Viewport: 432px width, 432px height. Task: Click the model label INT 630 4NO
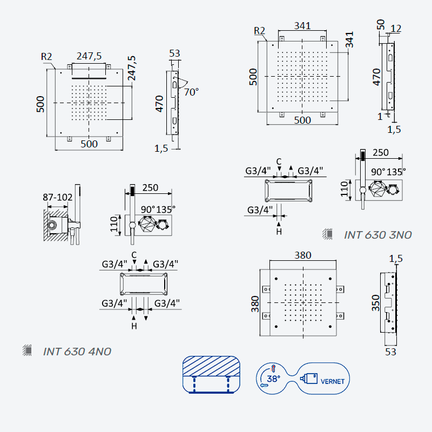tap(77, 352)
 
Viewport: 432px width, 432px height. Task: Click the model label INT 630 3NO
tap(377, 235)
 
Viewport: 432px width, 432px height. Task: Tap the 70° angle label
tap(191, 92)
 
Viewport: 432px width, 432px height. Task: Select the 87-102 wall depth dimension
tap(57, 197)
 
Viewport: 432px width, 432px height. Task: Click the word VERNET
tap(333, 382)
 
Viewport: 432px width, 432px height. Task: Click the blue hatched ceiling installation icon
tap(211, 374)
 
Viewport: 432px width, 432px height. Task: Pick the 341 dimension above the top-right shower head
tap(302, 25)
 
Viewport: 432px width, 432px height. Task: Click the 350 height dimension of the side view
tap(376, 303)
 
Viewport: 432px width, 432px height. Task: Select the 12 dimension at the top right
tap(396, 29)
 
